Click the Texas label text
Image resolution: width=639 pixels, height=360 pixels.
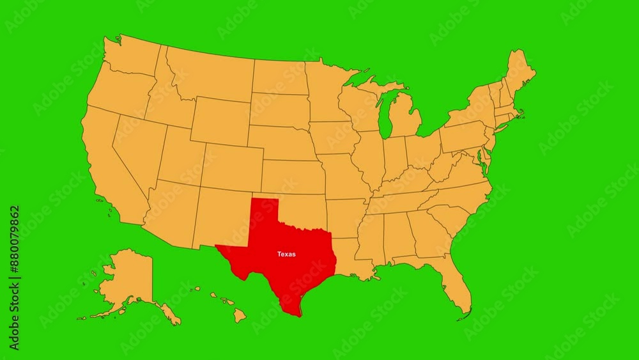[286, 254]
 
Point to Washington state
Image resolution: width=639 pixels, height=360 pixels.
[131, 58]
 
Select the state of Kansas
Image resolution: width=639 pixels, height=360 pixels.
[293, 176]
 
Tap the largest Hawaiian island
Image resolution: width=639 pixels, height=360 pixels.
[239, 315]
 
